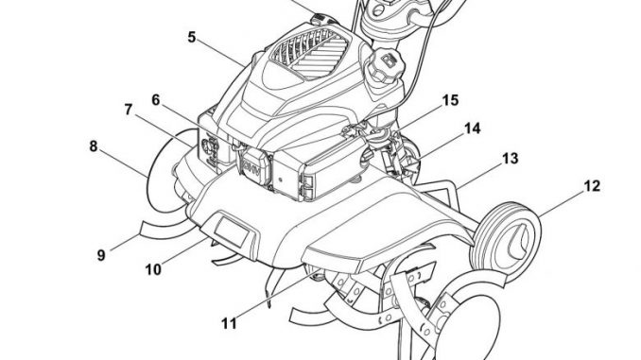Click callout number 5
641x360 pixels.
click(x=192, y=37)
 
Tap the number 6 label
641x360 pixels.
click(x=156, y=100)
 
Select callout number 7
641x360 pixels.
click(x=129, y=110)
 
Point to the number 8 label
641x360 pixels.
click(x=94, y=146)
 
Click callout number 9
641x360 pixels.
click(x=101, y=255)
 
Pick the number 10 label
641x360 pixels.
click(x=153, y=269)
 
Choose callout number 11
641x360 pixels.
click(x=229, y=324)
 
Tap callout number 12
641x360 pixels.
click(x=592, y=186)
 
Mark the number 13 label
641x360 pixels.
click(x=510, y=158)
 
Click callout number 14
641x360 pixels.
click(x=472, y=129)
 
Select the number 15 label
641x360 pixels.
click(x=451, y=100)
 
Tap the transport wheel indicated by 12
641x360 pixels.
click(x=506, y=237)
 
